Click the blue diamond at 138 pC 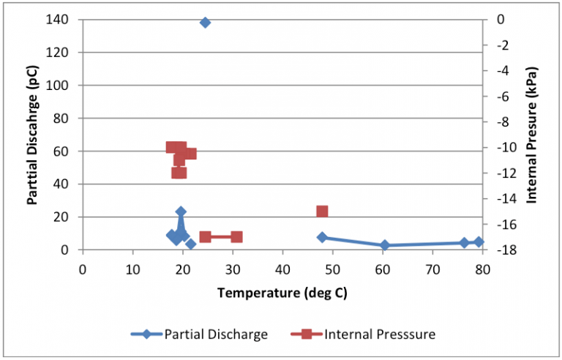pos(205,23)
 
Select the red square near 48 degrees pos(322,211)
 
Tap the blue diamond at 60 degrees pos(385,245)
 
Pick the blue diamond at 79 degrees pos(479,241)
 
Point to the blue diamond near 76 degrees pos(464,243)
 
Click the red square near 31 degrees pos(236,237)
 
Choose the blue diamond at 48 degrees pos(322,237)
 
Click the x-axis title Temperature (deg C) pos(282,293)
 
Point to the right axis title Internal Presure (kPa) pos(532,135)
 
